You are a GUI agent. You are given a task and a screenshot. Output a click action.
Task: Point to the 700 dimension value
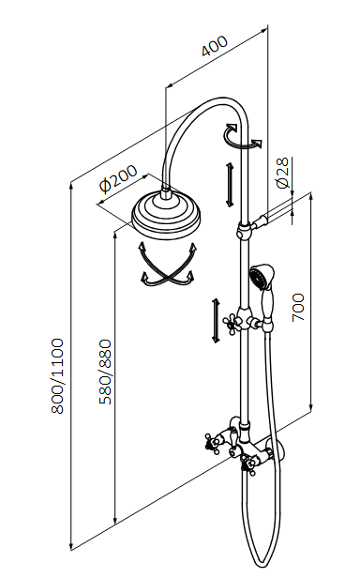click(x=299, y=306)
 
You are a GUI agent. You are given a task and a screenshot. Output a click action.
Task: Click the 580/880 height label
click(x=104, y=371)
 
